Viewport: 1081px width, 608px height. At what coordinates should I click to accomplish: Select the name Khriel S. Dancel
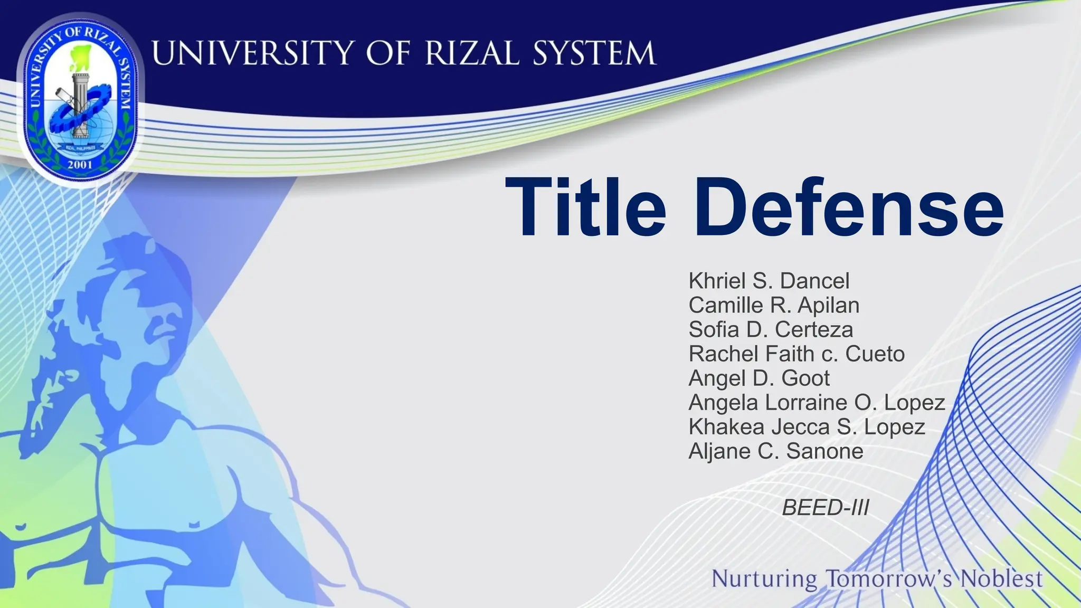(769, 281)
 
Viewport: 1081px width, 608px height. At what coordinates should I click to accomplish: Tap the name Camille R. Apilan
(774, 305)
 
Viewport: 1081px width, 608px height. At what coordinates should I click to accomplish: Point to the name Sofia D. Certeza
(771, 329)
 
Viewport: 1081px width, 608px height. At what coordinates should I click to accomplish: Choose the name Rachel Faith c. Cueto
(796, 354)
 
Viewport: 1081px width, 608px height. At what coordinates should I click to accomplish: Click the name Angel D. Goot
(759, 378)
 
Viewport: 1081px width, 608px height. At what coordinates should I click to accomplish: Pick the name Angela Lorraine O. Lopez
(817, 402)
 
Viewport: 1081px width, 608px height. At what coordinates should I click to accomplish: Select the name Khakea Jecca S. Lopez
(807, 426)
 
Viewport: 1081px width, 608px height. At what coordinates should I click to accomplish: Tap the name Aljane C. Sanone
(776, 451)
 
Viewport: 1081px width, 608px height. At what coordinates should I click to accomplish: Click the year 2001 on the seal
(80, 164)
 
